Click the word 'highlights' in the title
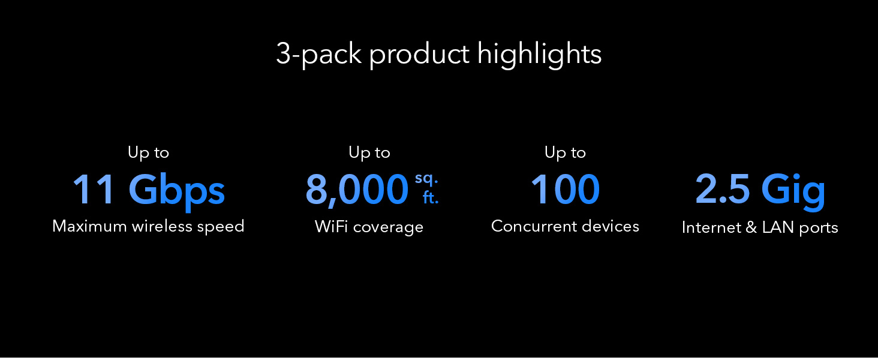click(539, 55)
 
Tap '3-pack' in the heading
click(319, 55)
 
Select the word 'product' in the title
click(419, 55)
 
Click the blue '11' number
click(94, 190)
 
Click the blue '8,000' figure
click(357, 191)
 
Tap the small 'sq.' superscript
click(426, 179)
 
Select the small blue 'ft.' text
click(431, 197)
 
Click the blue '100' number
click(565, 190)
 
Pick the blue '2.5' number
click(723, 190)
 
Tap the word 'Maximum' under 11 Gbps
click(89, 226)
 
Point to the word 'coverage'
click(388, 229)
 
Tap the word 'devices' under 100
click(611, 226)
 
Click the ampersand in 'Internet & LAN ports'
click(751, 227)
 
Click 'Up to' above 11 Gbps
click(148, 152)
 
